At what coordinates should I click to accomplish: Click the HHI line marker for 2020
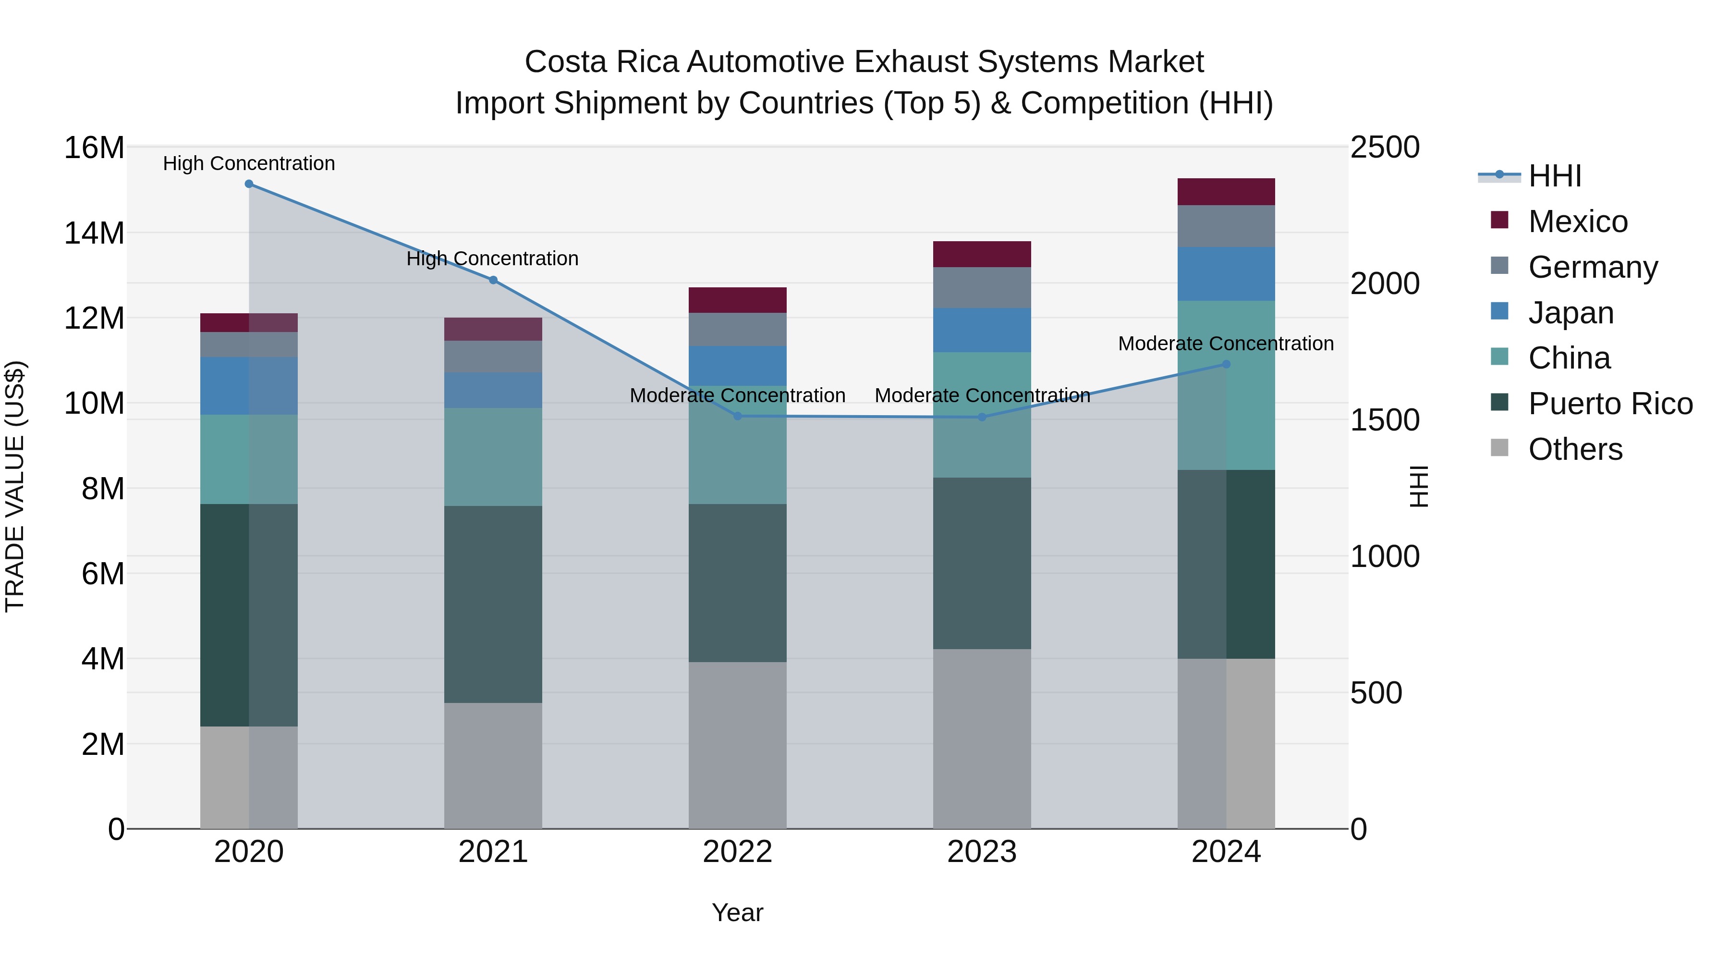(x=249, y=184)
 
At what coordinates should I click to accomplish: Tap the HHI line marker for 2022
(x=738, y=416)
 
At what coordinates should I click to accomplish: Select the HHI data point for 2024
(x=1226, y=365)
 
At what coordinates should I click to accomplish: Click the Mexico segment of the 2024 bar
(x=1226, y=192)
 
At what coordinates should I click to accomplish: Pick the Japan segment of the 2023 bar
(x=982, y=331)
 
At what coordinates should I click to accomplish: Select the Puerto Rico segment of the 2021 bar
(x=493, y=604)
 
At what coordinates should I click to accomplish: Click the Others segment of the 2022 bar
(x=738, y=745)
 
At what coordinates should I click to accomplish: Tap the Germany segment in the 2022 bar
(x=738, y=330)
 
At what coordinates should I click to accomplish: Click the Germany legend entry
(x=1592, y=267)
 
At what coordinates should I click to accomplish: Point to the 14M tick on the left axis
(x=94, y=234)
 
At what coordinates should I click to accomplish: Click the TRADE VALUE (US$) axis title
(x=15, y=486)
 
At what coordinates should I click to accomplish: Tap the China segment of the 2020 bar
(x=249, y=459)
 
